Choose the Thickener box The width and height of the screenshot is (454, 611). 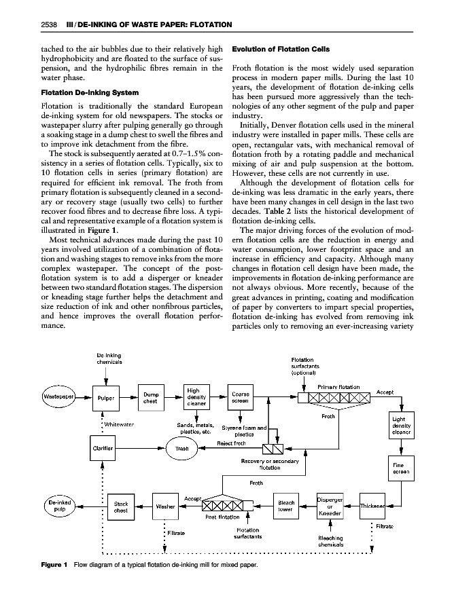point(374,506)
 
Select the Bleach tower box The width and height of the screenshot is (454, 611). point(285,506)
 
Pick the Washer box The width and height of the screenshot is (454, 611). point(166,506)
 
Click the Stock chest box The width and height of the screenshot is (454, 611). point(121,507)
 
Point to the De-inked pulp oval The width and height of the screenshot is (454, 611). point(58,506)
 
